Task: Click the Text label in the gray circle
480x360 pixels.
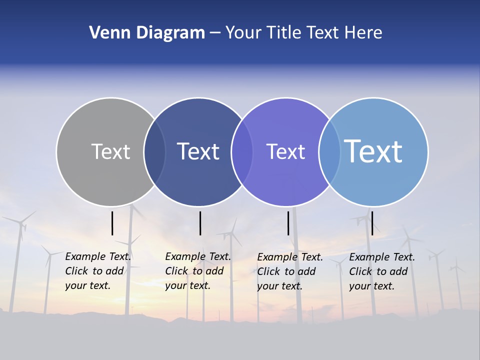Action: (110, 151)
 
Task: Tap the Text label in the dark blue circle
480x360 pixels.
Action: (198, 151)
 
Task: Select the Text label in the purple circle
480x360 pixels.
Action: (285, 151)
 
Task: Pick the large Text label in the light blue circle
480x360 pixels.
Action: (373, 151)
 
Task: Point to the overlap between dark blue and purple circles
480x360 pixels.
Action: (242, 152)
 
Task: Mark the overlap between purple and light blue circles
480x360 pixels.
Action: (329, 152)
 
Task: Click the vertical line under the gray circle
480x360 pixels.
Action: (112, 223)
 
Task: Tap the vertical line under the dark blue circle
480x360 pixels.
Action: (200, 223)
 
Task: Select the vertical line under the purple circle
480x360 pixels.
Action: (288, 223)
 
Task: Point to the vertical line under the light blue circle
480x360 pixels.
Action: (372, 223)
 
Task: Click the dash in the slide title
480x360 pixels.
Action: (215, 33)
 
